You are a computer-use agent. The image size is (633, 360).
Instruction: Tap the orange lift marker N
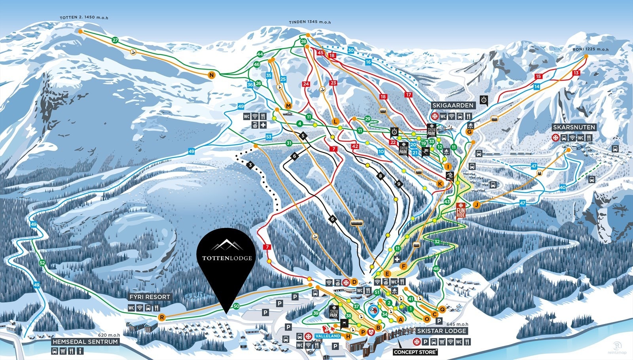click(212, 75)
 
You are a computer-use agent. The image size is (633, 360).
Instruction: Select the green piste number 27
click(115, 40)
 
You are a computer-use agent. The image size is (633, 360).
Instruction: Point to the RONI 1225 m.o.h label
click(590, 49)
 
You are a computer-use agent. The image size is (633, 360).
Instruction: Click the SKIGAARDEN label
click(453, 105)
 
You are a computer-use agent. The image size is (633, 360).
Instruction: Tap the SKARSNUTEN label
click(574, 127)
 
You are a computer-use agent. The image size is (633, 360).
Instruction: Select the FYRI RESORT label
click(150, 297)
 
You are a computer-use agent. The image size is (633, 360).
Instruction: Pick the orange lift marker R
click(161, 317)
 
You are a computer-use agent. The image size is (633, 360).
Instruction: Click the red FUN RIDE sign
click(461, 210)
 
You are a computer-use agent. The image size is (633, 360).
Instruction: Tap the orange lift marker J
click(476, 205)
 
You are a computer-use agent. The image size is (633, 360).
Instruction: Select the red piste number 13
click(576, 73)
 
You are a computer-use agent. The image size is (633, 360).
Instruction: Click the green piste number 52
click(42, 263)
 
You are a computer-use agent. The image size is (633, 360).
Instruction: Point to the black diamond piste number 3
click(250, 165)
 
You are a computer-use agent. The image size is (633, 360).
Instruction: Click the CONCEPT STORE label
click(415, 352)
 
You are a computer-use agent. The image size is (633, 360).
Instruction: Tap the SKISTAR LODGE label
click(442, 331)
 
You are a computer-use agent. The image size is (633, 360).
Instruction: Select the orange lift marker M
click(288, 106)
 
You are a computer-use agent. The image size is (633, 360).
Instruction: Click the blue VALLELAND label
click(328, 336)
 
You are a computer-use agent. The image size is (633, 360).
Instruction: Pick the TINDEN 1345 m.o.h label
click(309, 22)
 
